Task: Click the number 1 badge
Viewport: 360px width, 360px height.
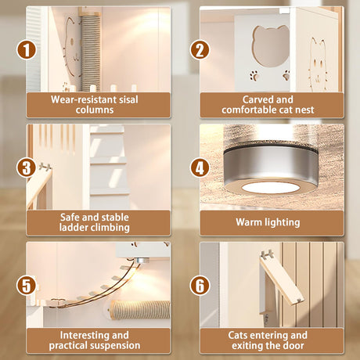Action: coord(26,50)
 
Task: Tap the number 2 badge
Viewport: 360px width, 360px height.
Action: coord(200,50)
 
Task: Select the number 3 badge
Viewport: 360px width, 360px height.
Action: coord(26,167)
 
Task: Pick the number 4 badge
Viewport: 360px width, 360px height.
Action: coord(200,167)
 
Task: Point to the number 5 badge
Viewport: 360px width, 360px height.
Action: coord(26,286)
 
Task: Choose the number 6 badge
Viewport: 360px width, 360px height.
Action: coord(200,286)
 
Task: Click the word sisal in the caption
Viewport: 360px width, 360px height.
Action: coord(127,99)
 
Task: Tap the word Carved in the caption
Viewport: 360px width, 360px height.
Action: coord(255,99)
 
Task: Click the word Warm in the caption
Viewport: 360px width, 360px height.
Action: coord(249,222)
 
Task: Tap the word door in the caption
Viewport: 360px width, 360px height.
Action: coord(293,345)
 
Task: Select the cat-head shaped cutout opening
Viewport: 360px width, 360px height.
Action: coord(272,45)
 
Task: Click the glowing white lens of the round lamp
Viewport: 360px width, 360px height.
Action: coord(268,188)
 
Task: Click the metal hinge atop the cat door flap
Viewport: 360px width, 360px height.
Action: coord(267,254)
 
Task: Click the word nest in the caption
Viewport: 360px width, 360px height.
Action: coord(303,110)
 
